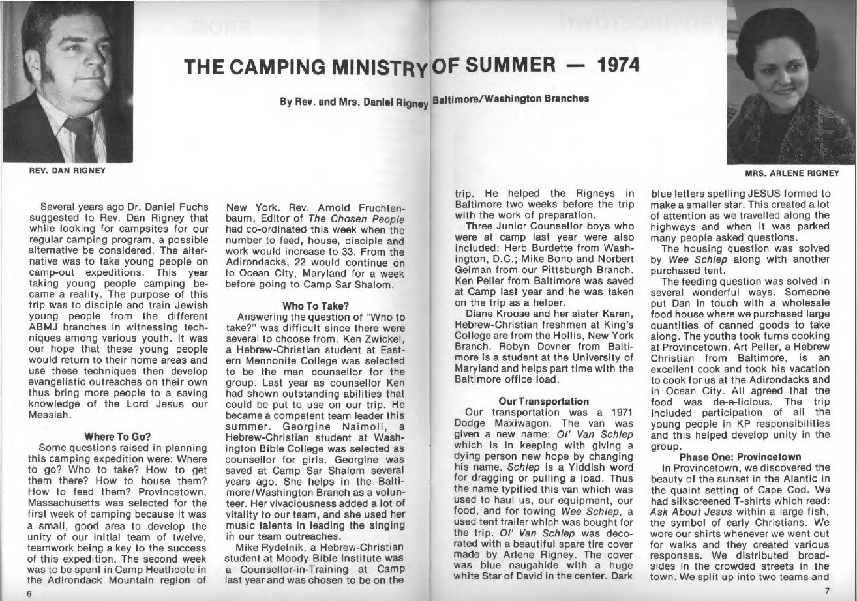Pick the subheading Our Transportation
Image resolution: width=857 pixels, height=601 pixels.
click(x=543, y=401)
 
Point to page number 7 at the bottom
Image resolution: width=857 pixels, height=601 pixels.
click(x=826, y=590)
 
